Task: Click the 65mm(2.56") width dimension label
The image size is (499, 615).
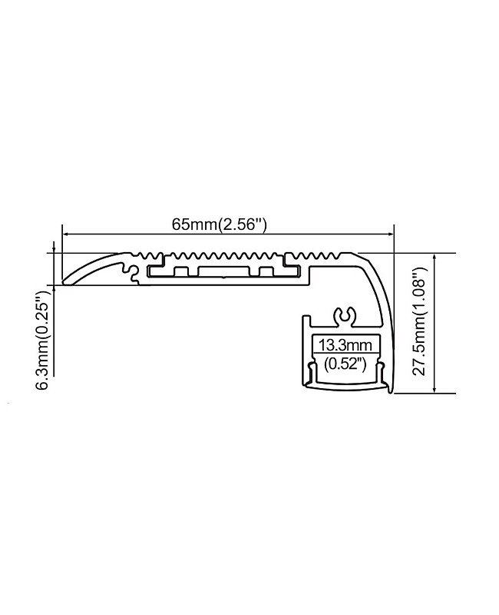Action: click(x=219, y=224)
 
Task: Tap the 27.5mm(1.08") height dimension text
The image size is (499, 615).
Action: click(x=418, y=323)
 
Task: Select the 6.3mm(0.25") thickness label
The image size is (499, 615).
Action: click(x=44, y=339)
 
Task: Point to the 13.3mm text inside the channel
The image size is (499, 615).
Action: click(x=345, y=344)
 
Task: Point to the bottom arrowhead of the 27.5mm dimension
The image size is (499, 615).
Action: click(x=435, y=390)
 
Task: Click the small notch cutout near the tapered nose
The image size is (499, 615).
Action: click(x=125, y=267)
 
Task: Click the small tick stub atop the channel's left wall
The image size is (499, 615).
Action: click(x=306, y=315)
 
